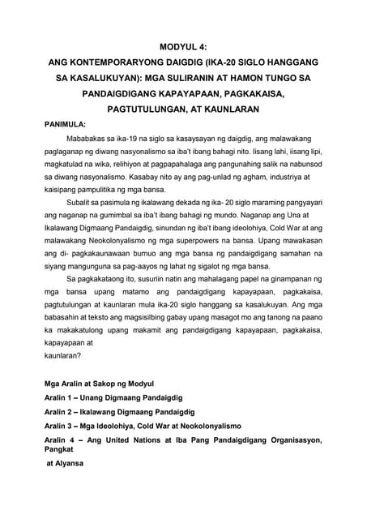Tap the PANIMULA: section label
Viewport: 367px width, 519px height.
point(69,126)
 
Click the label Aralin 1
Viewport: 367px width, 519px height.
point(62,443)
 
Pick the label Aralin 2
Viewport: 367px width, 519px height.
point(62,457)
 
